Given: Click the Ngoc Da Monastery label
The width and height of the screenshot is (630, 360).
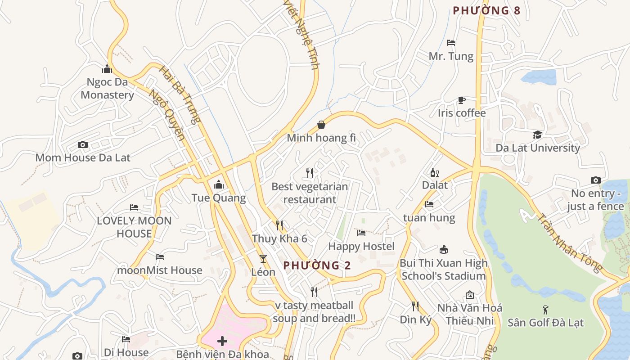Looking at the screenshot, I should pos(107,89).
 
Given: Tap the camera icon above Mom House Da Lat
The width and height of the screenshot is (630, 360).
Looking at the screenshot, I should pos(82,144).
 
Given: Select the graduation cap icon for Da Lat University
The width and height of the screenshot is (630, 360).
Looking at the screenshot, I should pos(537,135).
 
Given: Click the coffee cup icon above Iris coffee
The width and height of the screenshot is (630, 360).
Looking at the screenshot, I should pos(461,100).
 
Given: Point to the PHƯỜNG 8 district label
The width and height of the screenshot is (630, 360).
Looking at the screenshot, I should pos(486,10).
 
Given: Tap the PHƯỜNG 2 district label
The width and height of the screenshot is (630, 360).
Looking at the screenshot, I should pos(317,265).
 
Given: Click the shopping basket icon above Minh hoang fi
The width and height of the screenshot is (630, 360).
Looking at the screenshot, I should pos(321,125).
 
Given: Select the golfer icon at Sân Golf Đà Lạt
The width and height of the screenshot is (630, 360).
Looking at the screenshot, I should pos(545,310).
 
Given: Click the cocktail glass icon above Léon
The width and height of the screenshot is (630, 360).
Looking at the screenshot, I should pos(263,259).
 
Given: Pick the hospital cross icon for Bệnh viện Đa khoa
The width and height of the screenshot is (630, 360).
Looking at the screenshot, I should pos(222,341).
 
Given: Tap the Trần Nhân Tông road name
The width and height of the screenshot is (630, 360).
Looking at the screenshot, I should pos(569,243).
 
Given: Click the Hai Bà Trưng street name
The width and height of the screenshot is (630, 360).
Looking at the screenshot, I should pos(180,95).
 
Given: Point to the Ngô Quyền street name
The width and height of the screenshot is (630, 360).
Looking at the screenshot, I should pos(167,115).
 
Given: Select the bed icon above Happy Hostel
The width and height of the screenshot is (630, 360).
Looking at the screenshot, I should pos(361,233).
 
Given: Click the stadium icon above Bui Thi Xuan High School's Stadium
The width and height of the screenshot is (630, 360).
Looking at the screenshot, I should pos(444,250).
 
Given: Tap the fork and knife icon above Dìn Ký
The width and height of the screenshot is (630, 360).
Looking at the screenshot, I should pos(415,306).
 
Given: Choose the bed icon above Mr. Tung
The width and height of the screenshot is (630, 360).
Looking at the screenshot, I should pos(451,43).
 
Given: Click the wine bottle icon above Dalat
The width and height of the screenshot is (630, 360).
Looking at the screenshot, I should pos(434,172).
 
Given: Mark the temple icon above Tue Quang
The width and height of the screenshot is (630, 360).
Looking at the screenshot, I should pos(219,184).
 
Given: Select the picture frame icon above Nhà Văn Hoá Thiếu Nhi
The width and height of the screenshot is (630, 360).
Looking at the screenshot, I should pos(470,295).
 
